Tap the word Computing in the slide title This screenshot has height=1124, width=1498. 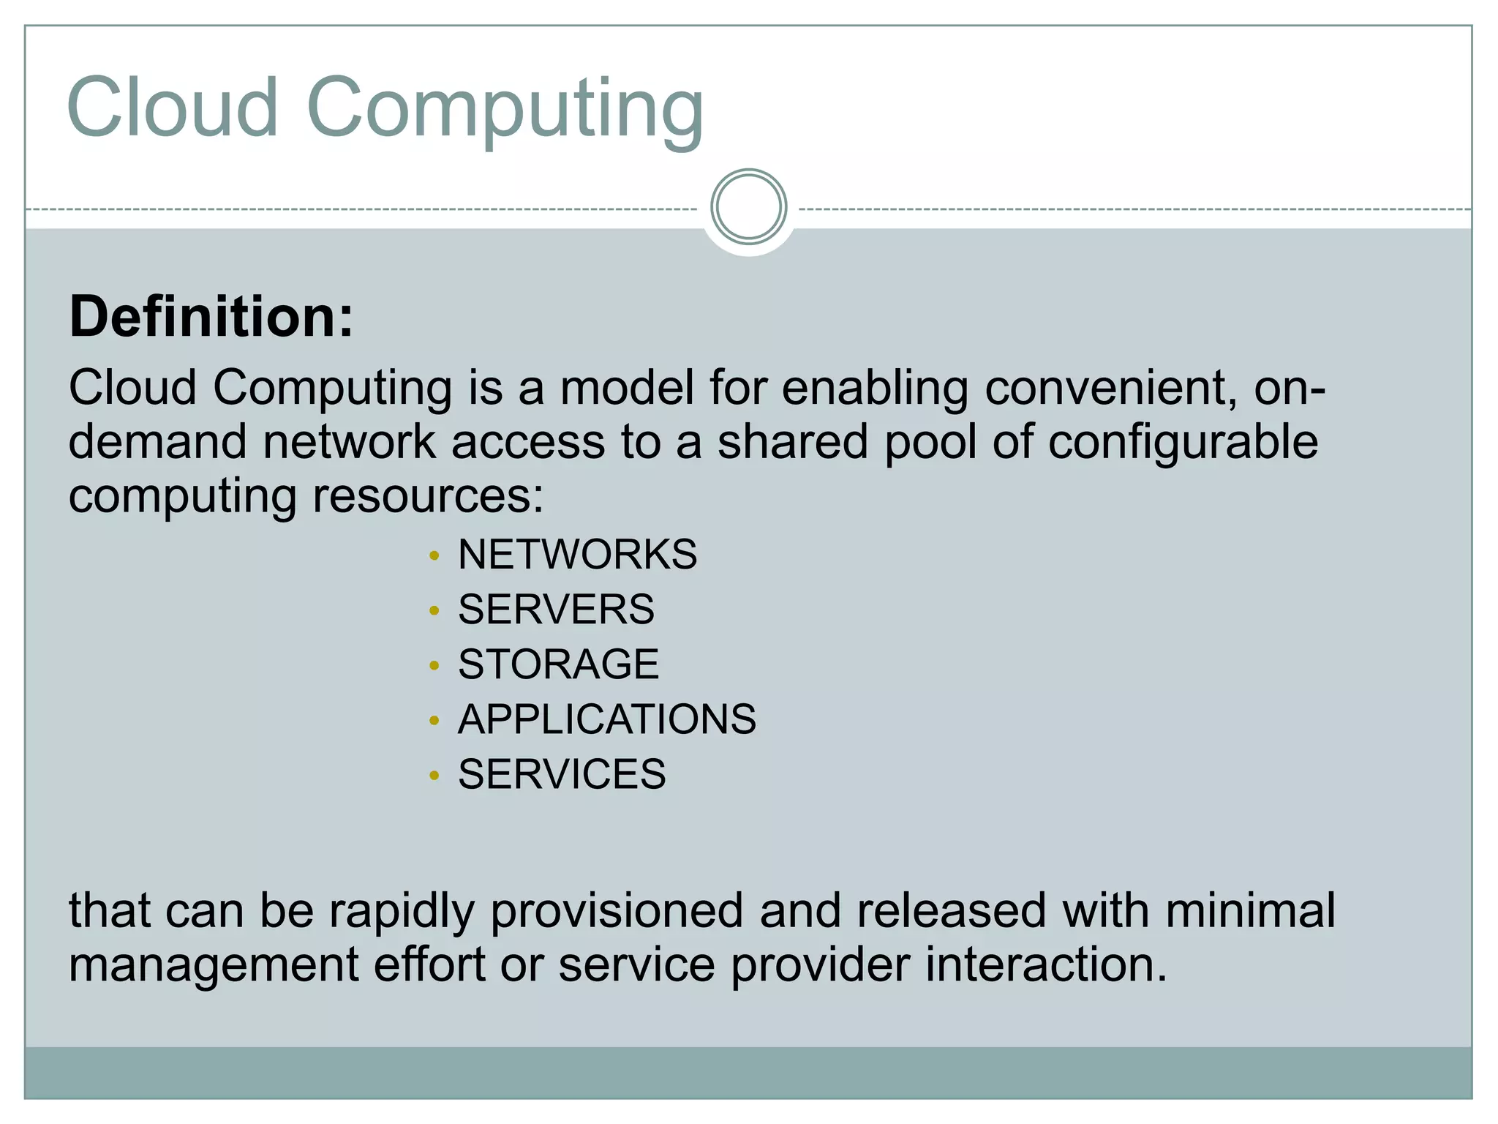click(505, 110)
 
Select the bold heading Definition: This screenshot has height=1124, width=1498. click(211, 317)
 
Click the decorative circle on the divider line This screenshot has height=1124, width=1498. click(748, 206)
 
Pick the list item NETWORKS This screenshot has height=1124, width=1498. click(577, 554)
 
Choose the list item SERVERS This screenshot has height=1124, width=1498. click(556, 609)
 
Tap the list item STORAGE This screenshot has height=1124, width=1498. click(558, 664)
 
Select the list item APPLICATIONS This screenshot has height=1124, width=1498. click(607, 719)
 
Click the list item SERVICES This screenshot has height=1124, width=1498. click(562, 773)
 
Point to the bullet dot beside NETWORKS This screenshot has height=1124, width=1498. click(434, 556)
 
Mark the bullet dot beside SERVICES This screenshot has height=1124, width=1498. click(434, 776)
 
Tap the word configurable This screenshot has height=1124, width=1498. click(1183, 443)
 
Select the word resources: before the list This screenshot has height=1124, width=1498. click(428, 495)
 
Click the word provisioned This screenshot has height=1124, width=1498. click(617, 912)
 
